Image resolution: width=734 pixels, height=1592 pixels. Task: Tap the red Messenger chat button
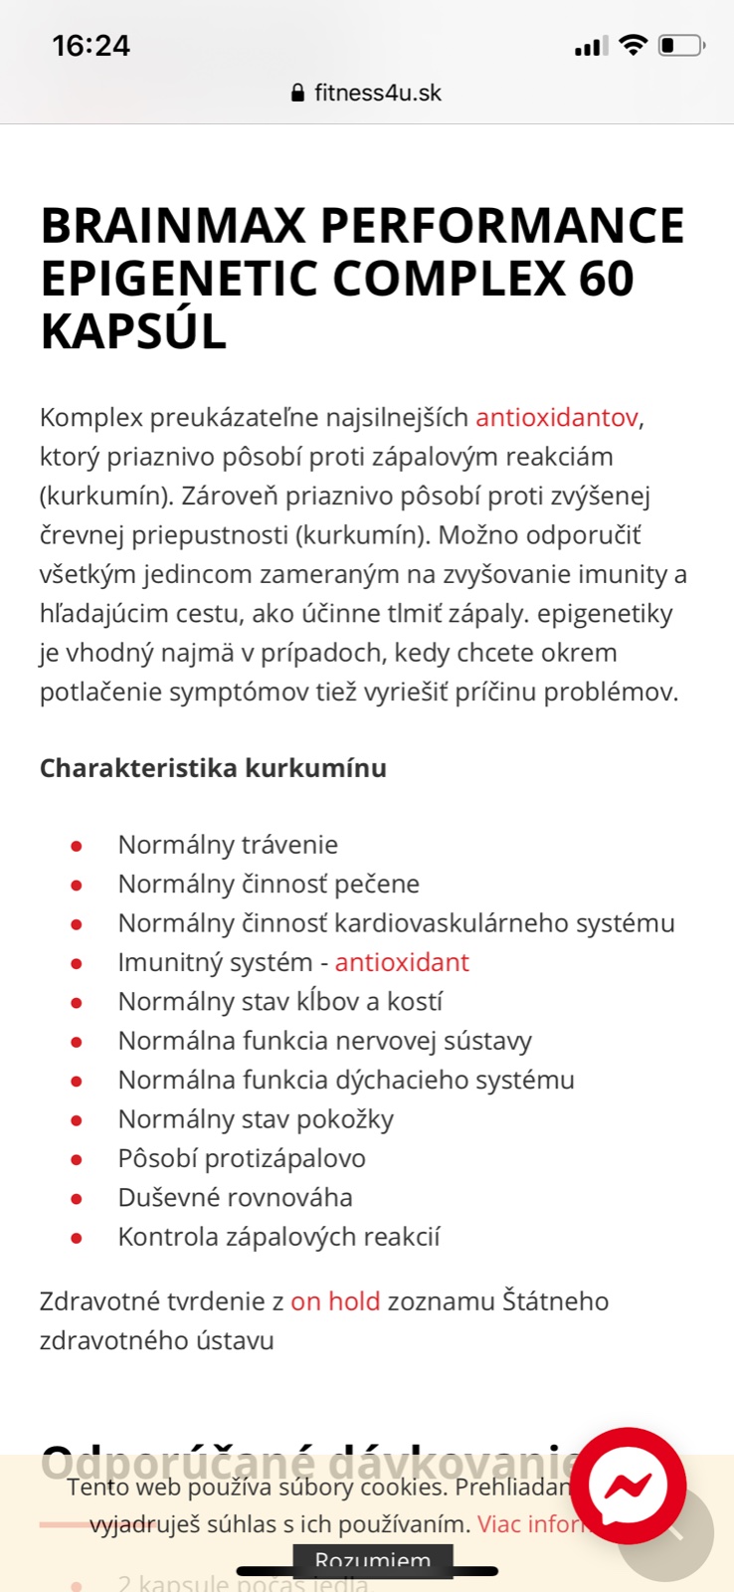click(628, 1486)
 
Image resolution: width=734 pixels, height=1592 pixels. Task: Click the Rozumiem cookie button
click(373, 1560)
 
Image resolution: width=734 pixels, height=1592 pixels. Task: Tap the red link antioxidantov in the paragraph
click(557, 417)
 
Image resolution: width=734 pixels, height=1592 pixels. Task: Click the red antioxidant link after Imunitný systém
click(402, 962)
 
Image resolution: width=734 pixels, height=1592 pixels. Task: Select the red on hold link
click(335, 1301)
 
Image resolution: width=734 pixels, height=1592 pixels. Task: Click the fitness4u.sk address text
click(377, 94)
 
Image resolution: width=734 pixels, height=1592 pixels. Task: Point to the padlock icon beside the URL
click(297, 94)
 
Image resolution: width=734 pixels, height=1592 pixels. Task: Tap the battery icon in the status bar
click(681, 46)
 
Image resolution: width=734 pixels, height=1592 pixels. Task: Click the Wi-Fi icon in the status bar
click(632, 45)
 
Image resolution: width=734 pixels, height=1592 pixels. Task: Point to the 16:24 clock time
click(91, 46)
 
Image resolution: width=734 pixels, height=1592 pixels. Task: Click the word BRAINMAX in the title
click(173, 226)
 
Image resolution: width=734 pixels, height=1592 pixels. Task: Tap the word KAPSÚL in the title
click(133, 331)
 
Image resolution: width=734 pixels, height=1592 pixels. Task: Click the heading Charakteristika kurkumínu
click(213, 768)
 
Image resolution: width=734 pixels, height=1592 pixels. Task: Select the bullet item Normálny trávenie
click(228, 845)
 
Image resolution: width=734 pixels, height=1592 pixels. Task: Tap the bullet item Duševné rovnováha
click(235, 1198)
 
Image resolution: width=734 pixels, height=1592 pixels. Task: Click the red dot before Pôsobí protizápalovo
click(77, 1159)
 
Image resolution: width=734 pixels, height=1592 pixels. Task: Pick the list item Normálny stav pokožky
click(256, 1119)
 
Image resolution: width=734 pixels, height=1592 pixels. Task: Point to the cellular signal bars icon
click(590, 47)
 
